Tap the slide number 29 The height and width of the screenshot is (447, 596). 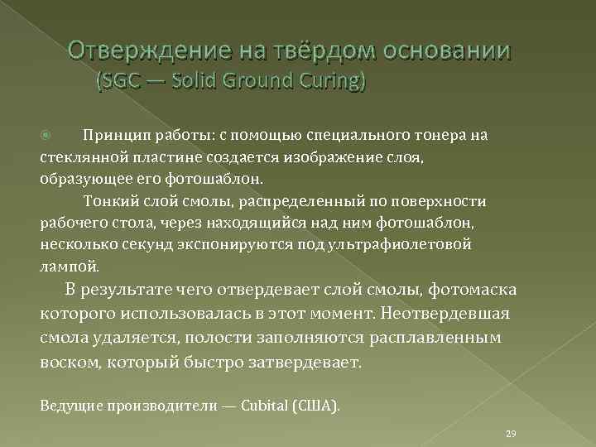(x=511, y=434)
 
